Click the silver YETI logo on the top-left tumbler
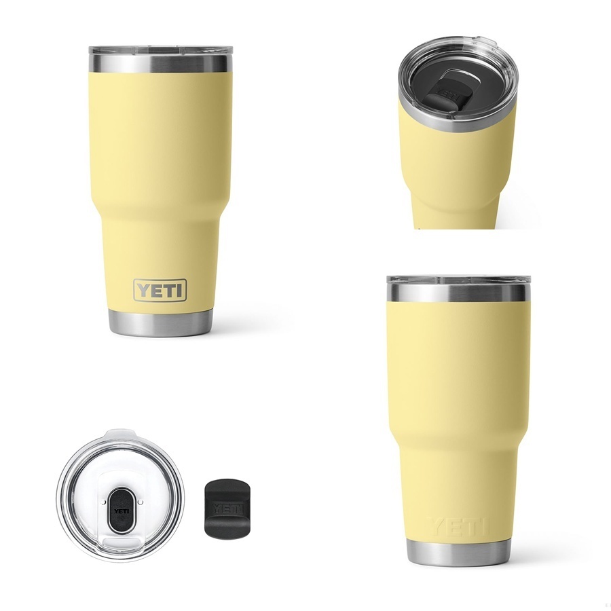tap(160, 290)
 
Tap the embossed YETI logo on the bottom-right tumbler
tap(458, 526)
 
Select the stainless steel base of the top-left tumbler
tap(160, 322)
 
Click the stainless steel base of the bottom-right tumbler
tap(458, 551)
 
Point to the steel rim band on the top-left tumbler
tap(160, 64)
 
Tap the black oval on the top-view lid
tap(122, 511)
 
